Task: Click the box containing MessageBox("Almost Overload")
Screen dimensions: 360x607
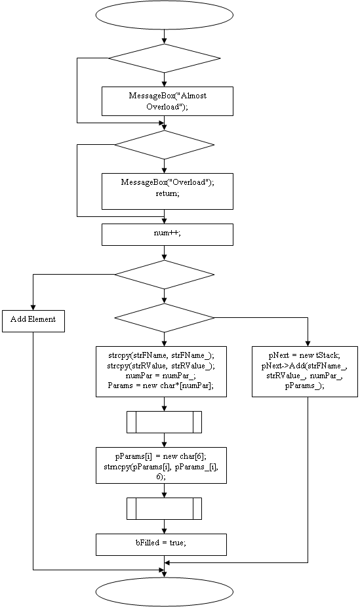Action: click(x=167, y=101)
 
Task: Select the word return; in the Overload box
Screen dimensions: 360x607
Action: click(x=167, y=193)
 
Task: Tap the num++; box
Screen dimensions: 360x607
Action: click(x=167, y=235)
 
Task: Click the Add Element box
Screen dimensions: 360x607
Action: click(x=33, y=321)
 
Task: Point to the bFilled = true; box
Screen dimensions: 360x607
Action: click(x=161, y=545)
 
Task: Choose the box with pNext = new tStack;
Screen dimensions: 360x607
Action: click(x=305, y=372)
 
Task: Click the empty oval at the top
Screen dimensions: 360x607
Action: click(x=165, y=14)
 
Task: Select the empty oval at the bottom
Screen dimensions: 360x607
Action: click(x=165, y=592)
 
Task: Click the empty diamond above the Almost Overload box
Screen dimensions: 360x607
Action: click(x=165, y=58)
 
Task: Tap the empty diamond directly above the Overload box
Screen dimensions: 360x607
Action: click(x=165, y=145)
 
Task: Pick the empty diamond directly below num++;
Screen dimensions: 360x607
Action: click(x=165, y=275)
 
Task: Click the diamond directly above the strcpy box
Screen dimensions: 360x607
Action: click(x=165, y=318)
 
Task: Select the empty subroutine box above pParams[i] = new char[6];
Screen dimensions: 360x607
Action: click(x=164, y=422)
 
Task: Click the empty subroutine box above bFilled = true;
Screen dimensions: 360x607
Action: click(x=164, y=509)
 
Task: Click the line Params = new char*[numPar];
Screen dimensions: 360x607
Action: click(x=161, y=385)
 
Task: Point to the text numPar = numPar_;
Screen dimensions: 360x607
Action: click(x=161, y=376)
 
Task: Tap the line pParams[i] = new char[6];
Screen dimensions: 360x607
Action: click(x=161, y=456)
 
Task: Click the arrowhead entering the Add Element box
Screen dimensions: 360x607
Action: click(x=33, y=307)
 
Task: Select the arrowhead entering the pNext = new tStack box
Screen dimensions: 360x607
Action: click(x=308, y=343)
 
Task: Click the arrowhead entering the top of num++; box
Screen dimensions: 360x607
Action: click(x=165, y=221)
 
